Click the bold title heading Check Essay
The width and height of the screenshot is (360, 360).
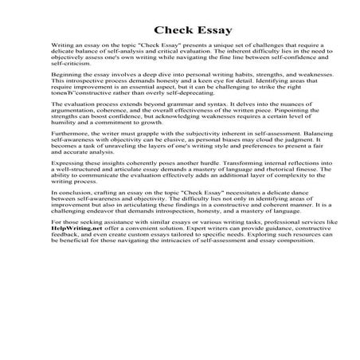(x=180, y=31)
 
